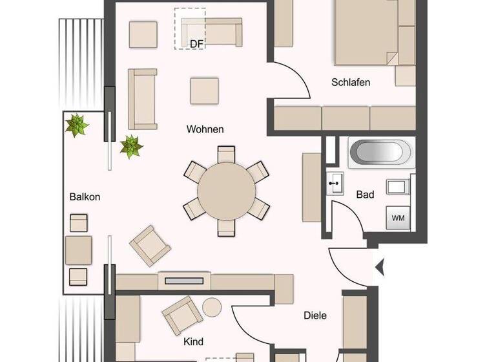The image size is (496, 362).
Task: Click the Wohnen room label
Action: pyautogui.click(x=205, y=129)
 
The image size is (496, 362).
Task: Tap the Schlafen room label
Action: pyautogui.click(x=351, y=82)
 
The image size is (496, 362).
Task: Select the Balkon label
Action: pyautogui.click(x=85, y=197)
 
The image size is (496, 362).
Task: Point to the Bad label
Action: pyautogui.click(x=366, y=194)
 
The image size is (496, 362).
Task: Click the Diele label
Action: pyautogui.click(x=315, y=315)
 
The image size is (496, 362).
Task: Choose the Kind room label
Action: pyautogui.click(x=194, y=342)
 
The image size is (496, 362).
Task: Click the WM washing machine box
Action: pyautogui.click(x=398, y=218)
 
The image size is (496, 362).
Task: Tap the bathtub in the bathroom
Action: pyautogui.click(x=380, y=153)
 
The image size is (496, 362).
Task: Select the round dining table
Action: pyautogui.click(x=226, y=191)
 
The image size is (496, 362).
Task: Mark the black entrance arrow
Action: pyautogui.click(x=380, y=266)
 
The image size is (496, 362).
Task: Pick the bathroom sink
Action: pyautogui.click(x=335, y=184)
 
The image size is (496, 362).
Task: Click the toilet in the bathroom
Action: pyautogui.click(x=398, y=187)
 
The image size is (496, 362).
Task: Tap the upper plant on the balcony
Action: pyautogui.click(x=77, y=125)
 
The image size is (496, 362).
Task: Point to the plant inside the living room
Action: pyautogui.click(x=131, y=146)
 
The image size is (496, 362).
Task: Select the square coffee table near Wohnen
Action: pyautogui.click(x=204, y=91)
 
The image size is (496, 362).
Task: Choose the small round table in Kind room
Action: pyautogui.click(x=212, y=306)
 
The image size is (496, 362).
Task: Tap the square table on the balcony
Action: pyautogui.click(x=78, y=250)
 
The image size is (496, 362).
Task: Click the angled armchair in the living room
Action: pyautogui.click(x=151, y=246)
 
